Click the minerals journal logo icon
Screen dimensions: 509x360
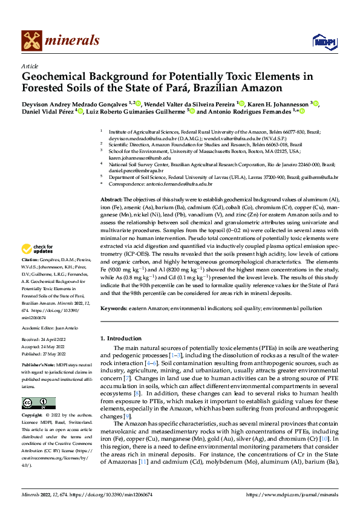tap(32, 41)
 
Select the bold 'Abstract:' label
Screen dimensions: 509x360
tap(111, 199)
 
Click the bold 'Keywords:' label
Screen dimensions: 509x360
tap(115, 308)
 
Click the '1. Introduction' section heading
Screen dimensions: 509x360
tap(123, 339)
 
